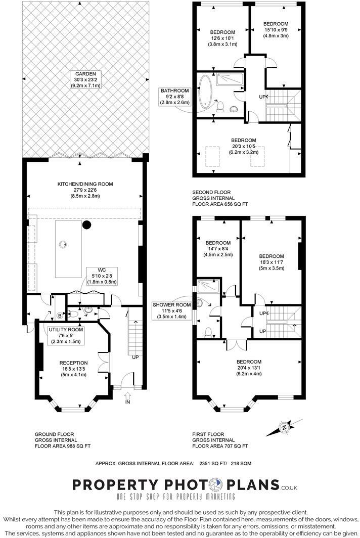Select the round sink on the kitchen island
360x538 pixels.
click(x=63, y=245)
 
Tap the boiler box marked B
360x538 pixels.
click(x=59, y=316)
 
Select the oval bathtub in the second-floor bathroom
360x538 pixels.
click(x=206, y=93)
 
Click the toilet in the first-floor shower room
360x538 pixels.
click(x=208, y=332)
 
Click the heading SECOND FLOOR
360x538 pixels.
click(x=211, y=193)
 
